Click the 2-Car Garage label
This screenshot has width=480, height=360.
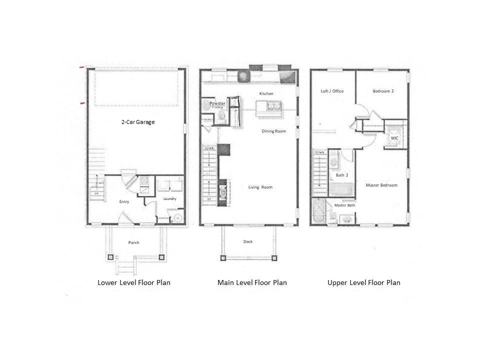[x=137, y=121]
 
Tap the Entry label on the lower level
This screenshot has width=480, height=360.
[x=124, y=201]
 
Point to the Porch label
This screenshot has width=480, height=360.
[x=133, y=242]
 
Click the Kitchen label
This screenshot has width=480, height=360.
[x=266, y=93]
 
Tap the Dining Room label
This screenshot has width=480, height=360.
[x=274, y=131]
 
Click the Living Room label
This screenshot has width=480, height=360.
[x=260, y=187]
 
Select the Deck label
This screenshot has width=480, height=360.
[x=248, y=241]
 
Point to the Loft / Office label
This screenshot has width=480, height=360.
[x=332, y=91]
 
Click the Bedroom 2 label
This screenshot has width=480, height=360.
[x=383, y=91]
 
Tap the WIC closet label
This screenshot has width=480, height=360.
[x=394, y=137]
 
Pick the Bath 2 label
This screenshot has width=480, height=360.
[x=342, y=174]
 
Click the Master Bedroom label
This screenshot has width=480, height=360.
[x=381, y=185]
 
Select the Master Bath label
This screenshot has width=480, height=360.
[x=344, y=205]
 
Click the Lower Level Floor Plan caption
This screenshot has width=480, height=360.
[x=134, y=282]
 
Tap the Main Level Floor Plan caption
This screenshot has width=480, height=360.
[x=252, y=282]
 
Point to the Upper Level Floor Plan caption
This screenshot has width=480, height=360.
[x=364, y=282]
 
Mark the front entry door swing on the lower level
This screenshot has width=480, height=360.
[x=124, y=217]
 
